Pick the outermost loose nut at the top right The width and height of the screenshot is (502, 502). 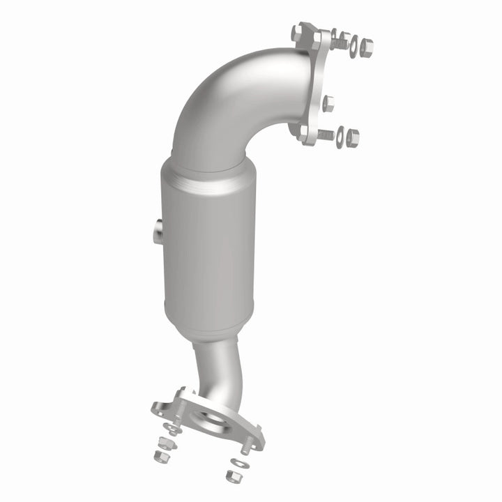(367, 47)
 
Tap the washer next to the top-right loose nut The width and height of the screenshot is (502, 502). (353, 45)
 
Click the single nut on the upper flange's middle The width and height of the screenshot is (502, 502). (328, 103)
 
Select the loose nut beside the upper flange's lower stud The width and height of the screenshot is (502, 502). (352, 136)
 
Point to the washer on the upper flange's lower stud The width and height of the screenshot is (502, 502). (340, 137)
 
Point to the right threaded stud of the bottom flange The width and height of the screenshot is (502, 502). (246, 445)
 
